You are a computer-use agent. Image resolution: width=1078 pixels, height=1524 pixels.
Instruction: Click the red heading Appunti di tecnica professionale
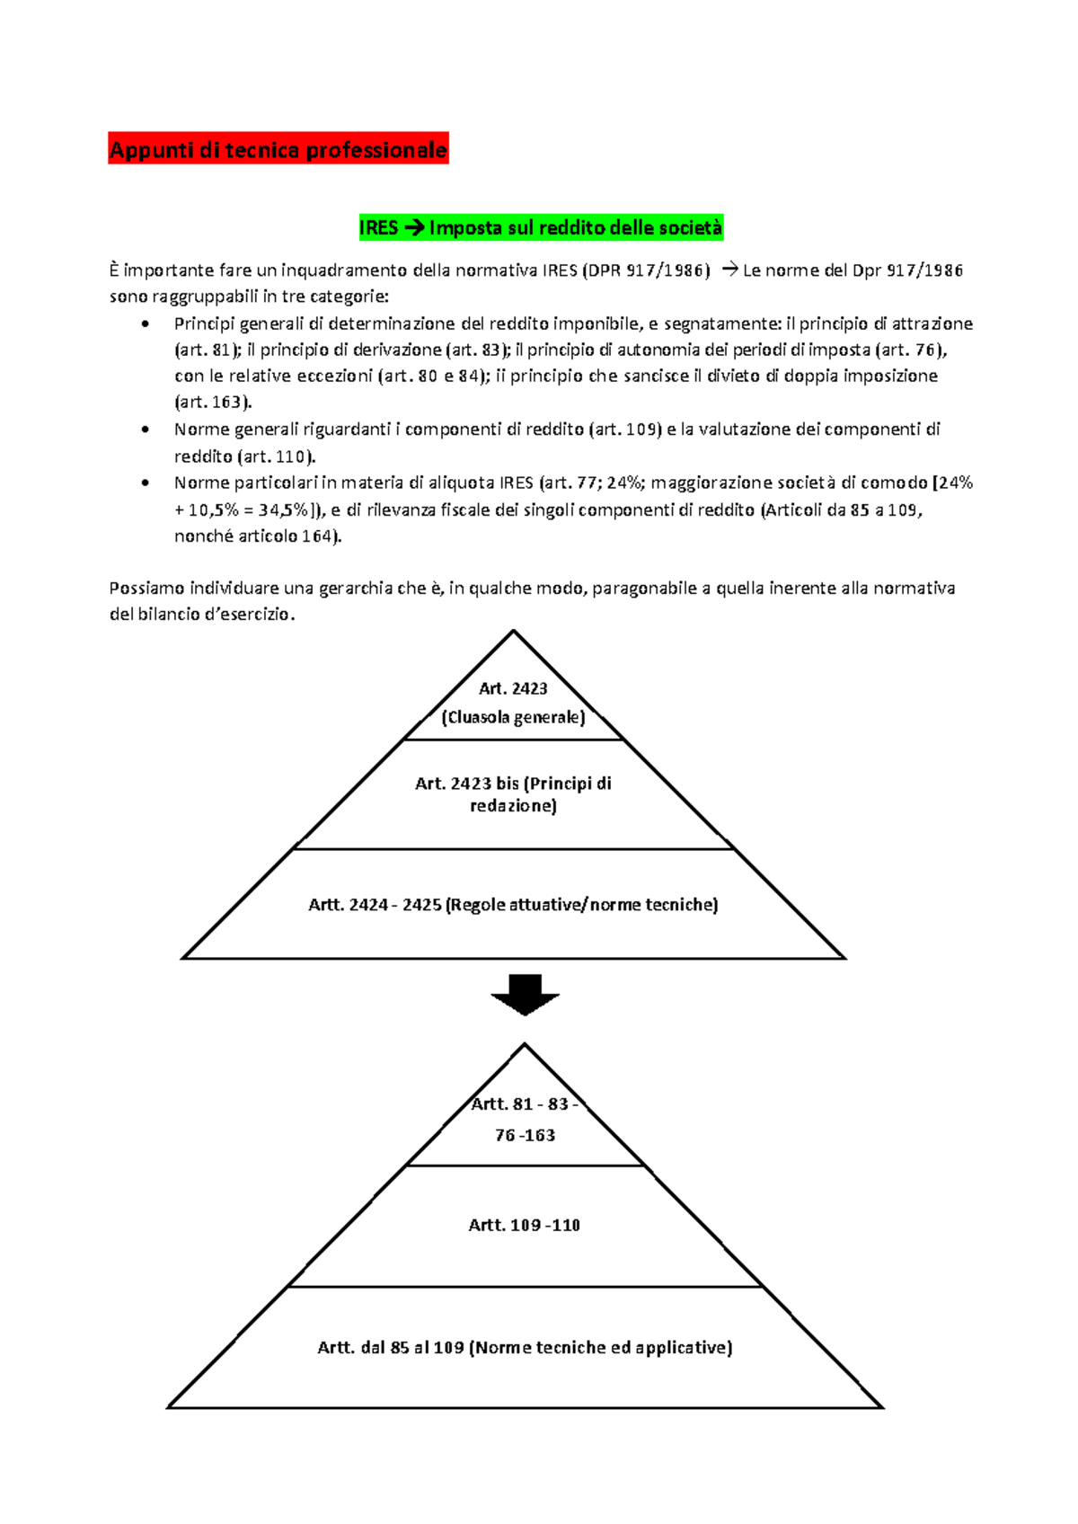(278, 149)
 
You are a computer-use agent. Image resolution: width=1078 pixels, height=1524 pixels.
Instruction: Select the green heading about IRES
(540, 227)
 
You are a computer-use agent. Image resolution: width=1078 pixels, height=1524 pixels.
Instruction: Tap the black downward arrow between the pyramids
(526, 994)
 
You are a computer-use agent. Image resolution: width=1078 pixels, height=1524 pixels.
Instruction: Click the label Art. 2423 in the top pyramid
(513, 688)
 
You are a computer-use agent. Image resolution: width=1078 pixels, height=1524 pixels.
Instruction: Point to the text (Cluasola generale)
(513, 717)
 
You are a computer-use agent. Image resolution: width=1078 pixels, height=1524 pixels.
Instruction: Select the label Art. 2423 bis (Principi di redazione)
(513, 794)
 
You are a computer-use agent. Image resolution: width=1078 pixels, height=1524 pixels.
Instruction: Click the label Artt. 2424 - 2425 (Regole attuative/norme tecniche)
(513, 905)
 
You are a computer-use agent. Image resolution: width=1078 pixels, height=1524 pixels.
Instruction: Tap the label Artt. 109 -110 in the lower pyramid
(525, 1225)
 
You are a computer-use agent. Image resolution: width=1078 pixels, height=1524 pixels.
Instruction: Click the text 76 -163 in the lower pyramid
(525, 1135)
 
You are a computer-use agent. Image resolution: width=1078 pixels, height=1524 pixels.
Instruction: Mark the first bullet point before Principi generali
(146, 324)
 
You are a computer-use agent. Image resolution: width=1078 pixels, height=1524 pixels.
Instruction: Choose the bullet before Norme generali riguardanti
(146, 430)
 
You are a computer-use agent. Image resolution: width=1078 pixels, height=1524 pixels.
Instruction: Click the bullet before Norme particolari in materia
(146, 483)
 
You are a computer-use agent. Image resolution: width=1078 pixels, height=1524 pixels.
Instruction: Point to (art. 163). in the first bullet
(213, 403)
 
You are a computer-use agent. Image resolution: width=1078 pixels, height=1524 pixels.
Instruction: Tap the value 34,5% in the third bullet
(281, 510)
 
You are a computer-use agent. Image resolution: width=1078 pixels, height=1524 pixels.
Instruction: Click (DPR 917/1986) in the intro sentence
(646, 270)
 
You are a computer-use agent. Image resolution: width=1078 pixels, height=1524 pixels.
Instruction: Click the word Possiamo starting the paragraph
(141, 589)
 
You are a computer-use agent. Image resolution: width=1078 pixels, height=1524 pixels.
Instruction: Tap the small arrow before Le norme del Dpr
(729, 270)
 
